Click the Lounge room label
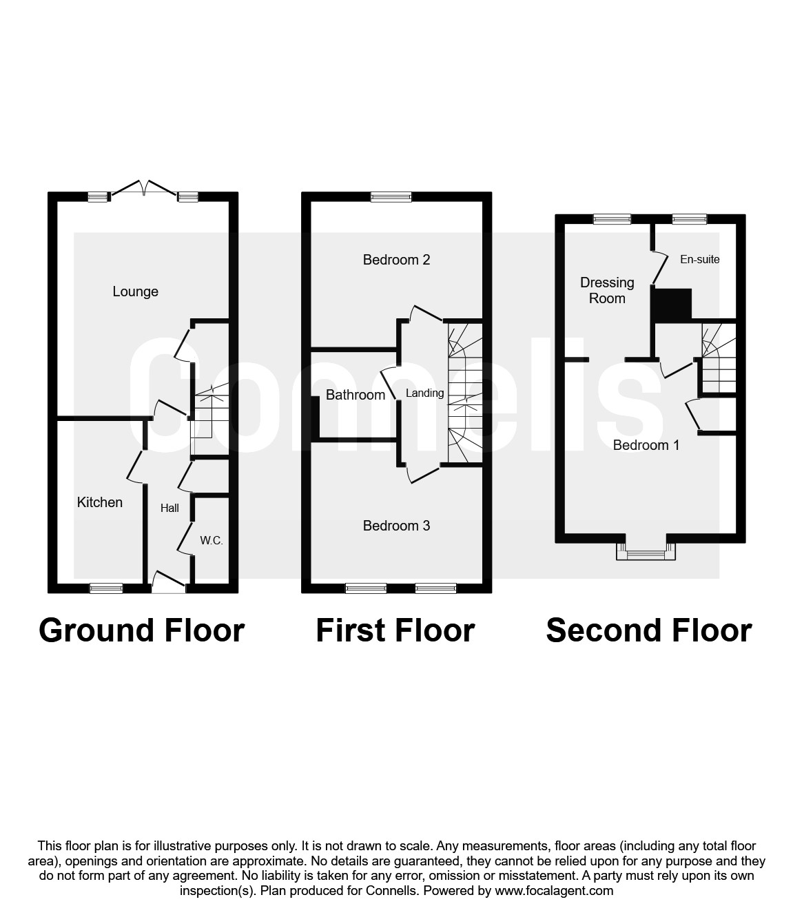coord(135,291)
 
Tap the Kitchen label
coord(100,502)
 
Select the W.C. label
coord(212,540)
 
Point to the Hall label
coord(169,508)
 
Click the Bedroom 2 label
coord(396,259)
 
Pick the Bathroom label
coord(356,395)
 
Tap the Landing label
coord(424,393)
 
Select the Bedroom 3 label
coord(396,526)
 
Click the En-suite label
coord(699,259)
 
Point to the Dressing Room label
coord(607,290)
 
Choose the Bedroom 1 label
coord(646,445)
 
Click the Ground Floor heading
coord(142,631)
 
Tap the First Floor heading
coord(395,631)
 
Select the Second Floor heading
coord(649,631)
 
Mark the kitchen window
coord(106,588)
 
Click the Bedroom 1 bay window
coord(646,551)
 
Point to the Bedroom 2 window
coord(391,197)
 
